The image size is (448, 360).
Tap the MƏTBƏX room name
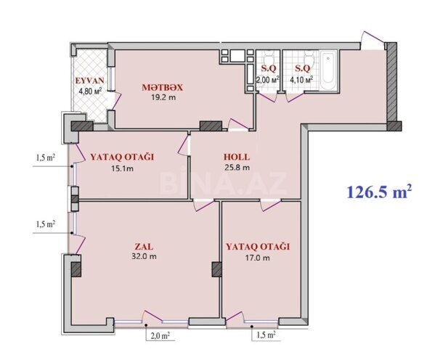point(162,88)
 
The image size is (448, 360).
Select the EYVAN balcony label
point(90,81)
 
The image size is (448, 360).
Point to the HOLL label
point(236,155)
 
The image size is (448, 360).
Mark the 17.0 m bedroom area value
point(257,258)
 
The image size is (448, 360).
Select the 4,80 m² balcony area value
point(90,91)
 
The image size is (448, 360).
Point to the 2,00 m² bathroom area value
point(267,80)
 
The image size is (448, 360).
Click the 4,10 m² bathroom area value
point(301,80)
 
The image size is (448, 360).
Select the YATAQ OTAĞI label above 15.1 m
point(123,156)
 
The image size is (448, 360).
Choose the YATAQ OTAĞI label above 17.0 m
point(258,246)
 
